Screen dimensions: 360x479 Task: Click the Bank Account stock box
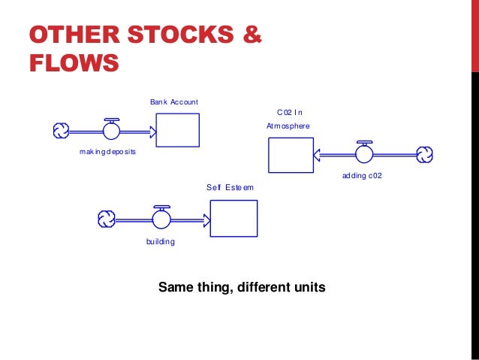click(177, 129)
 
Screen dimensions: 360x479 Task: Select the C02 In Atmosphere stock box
click(291, 156)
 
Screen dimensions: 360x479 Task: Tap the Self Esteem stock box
click(233, 218)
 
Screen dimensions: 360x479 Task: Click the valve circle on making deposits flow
click(112, 132)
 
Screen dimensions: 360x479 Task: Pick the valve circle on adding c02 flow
click(365, 154)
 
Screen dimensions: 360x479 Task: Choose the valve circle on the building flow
click(161, 219)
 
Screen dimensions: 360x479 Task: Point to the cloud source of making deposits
click(61, 132)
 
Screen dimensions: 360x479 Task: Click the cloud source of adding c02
click(425, 154)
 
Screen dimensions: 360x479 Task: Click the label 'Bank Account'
click(173, 101)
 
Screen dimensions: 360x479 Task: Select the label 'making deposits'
click(102, 152)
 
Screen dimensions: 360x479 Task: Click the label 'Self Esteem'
click(230, 187)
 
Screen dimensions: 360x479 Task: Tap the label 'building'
click(160, 242)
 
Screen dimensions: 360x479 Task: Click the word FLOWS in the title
click(74, 62)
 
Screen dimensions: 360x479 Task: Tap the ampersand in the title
click(252, 35)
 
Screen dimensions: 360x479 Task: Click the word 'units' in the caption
click(309, 286)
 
